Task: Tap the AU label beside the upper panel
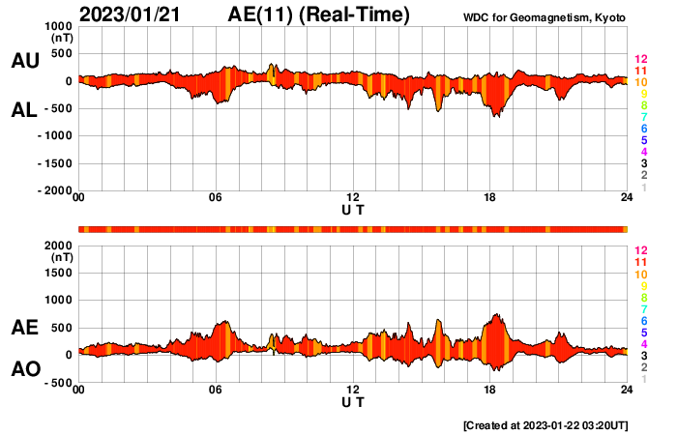(x=24, y=61)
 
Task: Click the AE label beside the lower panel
(x=24, y=328)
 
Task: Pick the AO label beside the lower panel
(x=24, y=369)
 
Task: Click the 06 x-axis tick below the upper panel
(x=216, y=198)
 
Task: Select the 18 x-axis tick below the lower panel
(x=490, y=390)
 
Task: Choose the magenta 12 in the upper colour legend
(x=640, y=60)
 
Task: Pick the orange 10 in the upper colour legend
(x=640, y=82)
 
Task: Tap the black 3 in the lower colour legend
(x=640, y=356)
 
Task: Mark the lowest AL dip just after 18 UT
(x=496, y=117)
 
